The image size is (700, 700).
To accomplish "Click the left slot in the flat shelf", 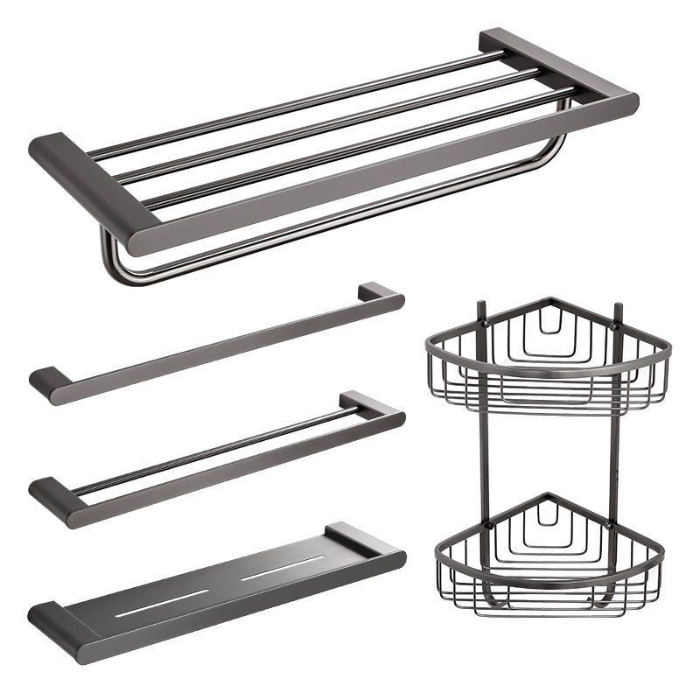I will [x=162, y=603].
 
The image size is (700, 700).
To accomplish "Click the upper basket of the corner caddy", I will [x=548, y=354].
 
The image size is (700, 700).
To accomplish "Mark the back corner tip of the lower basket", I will [x=548, y=496].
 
